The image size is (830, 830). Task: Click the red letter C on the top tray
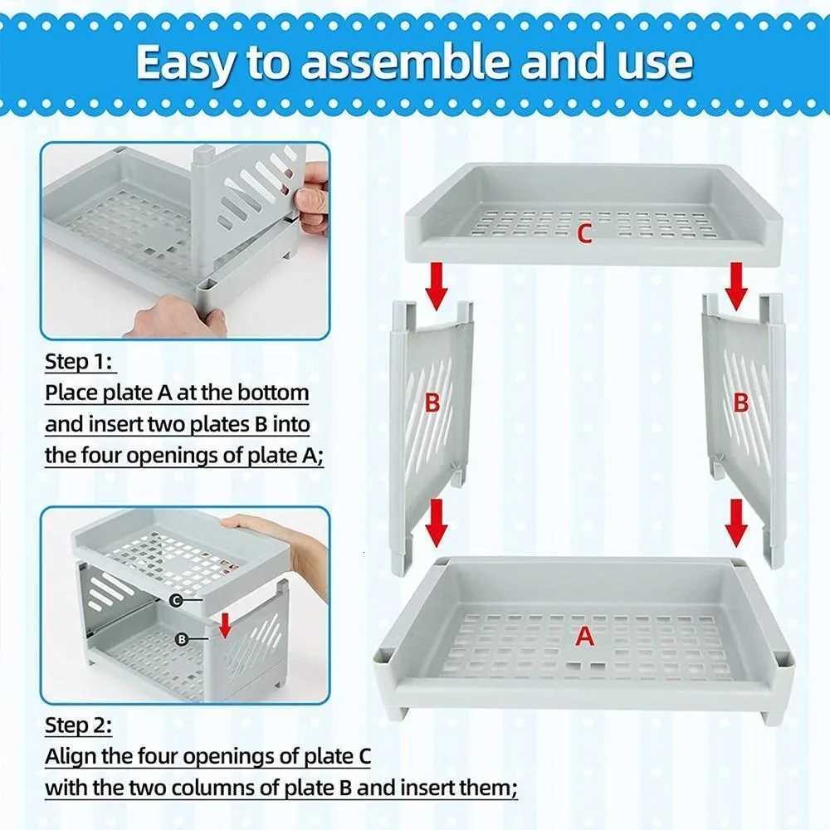pyautogui.click(x=584, y=235)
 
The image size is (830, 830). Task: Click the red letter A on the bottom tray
pyautogui.click(x=585, y=637)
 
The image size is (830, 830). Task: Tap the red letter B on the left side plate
pyautogui.click(x=432, y=404)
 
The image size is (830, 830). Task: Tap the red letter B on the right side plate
pyautogui.click(x=741, y=404)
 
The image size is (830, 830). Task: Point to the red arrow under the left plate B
pyautogui.click(x=437, y=521)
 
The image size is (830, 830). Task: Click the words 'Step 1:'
pyautogui.click(x=81, y=363)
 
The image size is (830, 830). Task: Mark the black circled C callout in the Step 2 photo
pyautogui.click(x=176, y=599)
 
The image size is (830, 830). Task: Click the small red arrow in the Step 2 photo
pyautogui.click(x=225, y=627)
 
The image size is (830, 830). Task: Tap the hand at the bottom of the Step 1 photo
pyautogui.click(x=178, y=317)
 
